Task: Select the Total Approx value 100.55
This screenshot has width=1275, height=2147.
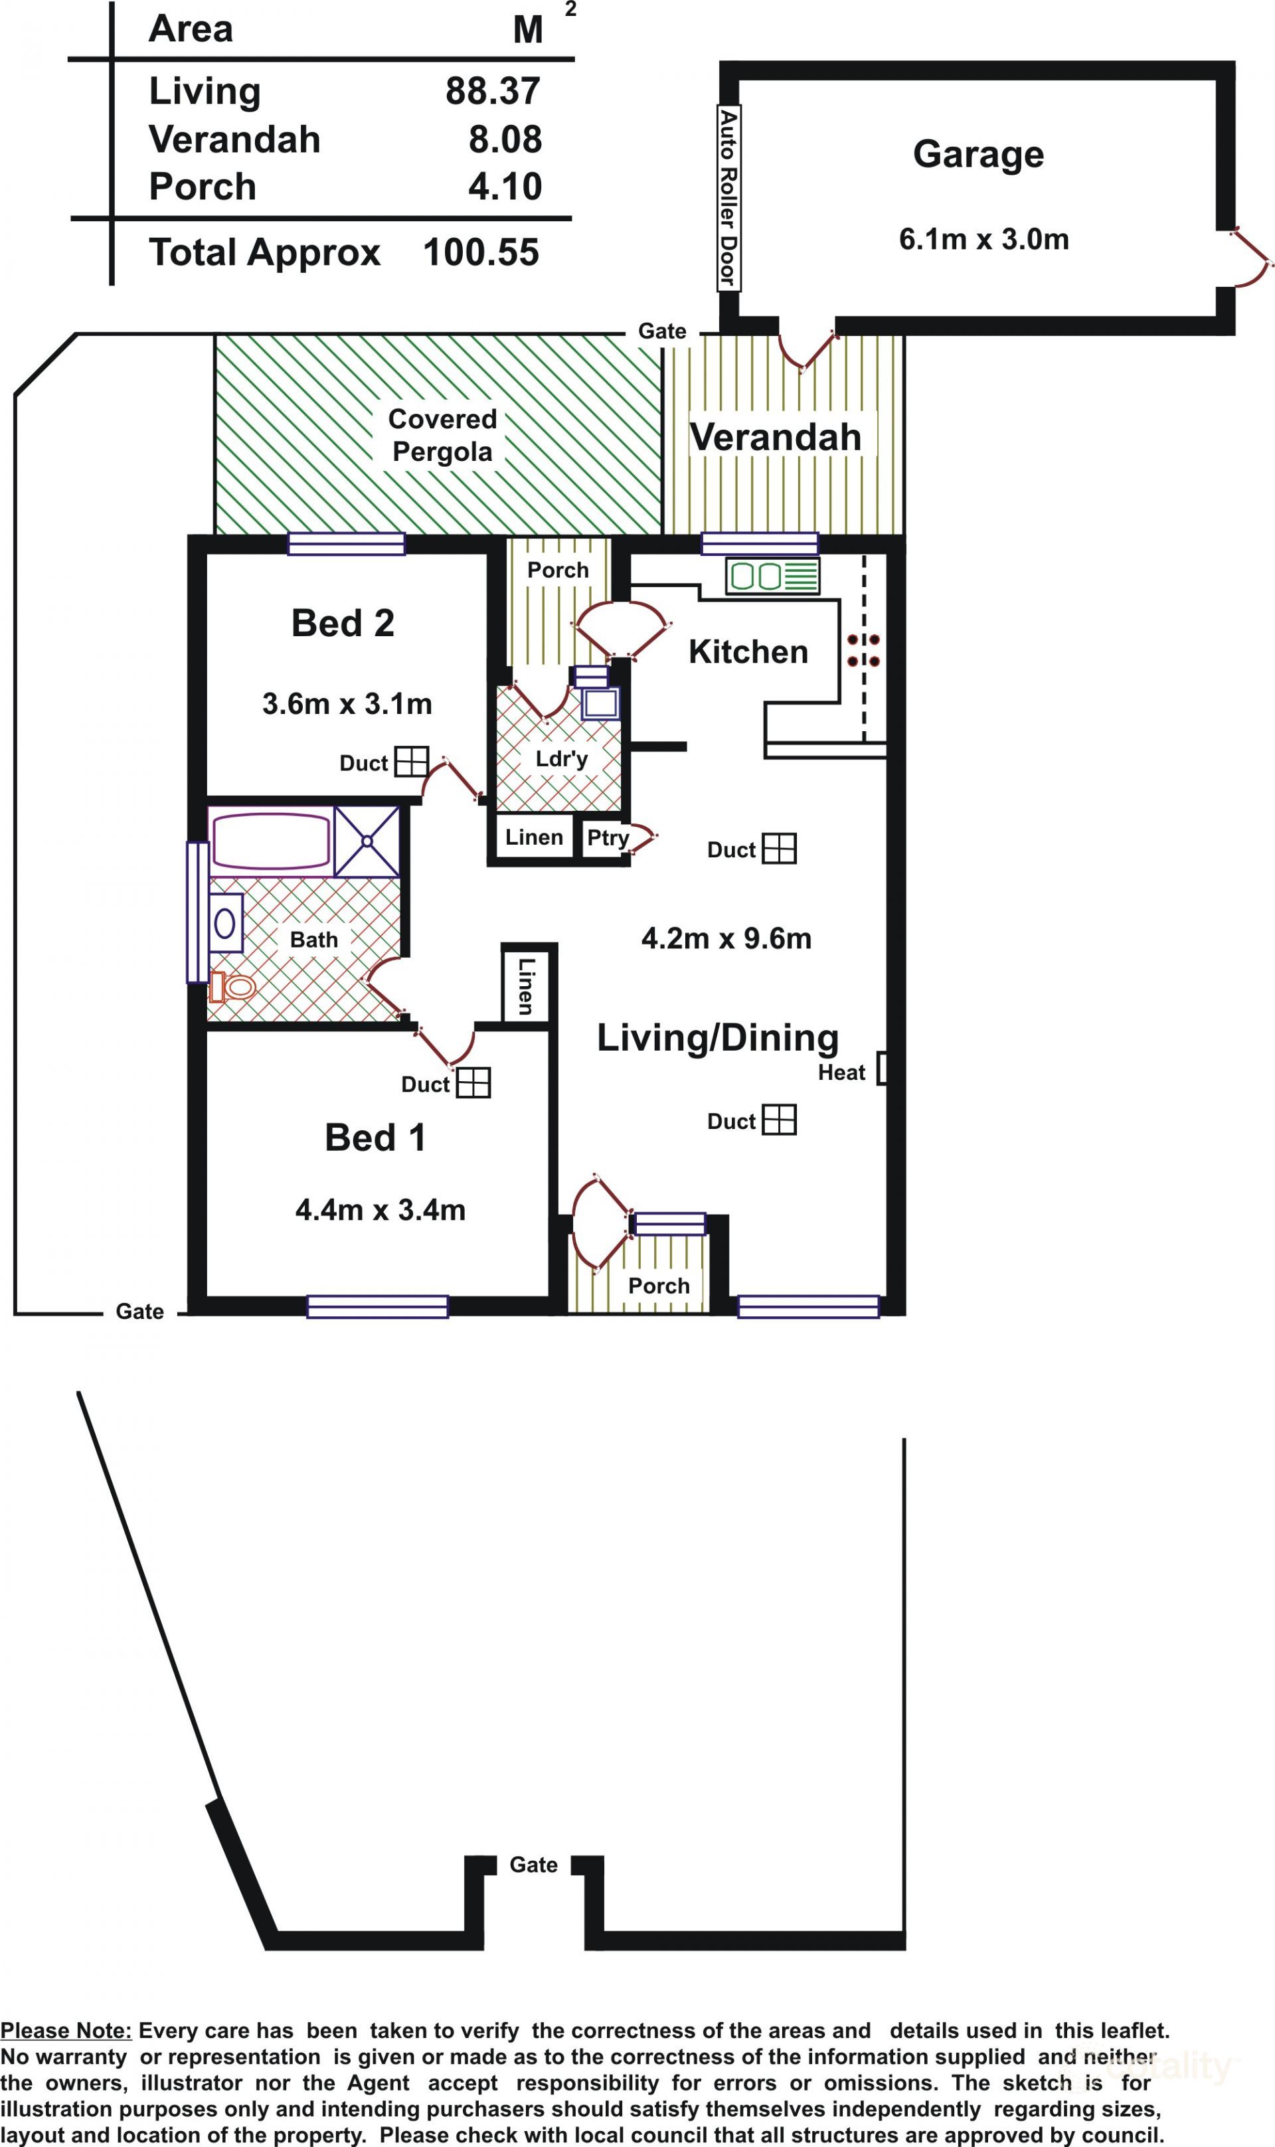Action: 481,252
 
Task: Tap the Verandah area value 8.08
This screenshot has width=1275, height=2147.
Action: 505,139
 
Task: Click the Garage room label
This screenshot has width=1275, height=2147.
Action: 979,155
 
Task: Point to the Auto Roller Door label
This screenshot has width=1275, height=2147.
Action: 728,198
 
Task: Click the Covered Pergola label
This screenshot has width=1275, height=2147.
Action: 442,435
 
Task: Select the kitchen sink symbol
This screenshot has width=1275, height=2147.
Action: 772,576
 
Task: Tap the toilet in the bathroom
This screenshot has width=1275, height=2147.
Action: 233,987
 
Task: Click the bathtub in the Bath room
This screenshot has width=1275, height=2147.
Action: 271,842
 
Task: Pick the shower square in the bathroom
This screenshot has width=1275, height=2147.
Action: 367,841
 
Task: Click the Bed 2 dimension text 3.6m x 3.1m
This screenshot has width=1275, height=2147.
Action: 347,705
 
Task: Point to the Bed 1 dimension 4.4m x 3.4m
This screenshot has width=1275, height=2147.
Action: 381,1211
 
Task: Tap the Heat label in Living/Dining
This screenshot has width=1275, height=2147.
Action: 841,1073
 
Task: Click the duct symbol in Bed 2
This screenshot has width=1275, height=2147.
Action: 412,761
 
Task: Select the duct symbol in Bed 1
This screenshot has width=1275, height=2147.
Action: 473,1082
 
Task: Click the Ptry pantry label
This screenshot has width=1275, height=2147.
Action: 608,837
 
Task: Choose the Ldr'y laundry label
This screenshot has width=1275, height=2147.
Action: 561,758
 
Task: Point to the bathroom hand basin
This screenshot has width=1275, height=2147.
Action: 225,924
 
